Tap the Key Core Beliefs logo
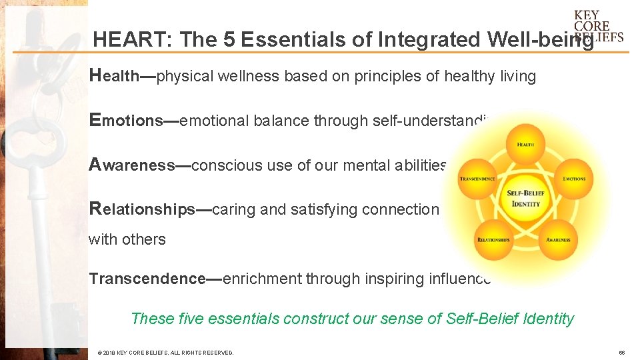coord(598,26)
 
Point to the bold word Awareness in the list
coord(132,165)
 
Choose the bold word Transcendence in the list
coord(147,279)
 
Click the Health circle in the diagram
coord(525,143)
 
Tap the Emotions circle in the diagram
coord(573,178)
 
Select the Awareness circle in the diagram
coord(557,239)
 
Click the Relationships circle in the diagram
coord(493,239)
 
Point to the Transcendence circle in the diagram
coord(477,178)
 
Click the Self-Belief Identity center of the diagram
coord(525,198)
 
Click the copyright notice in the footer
coord(165,352)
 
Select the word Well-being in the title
coord(540,40)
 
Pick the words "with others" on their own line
coord(127,239)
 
